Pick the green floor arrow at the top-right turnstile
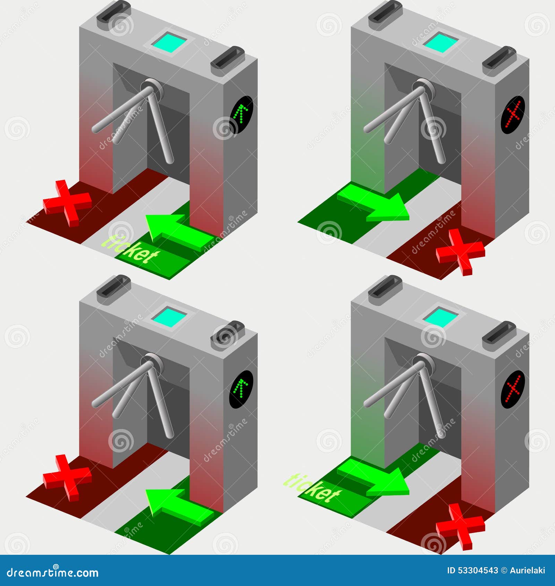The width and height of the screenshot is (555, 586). click(x=373, y=203)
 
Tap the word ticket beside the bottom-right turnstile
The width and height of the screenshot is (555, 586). click(x=311, y=488)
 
